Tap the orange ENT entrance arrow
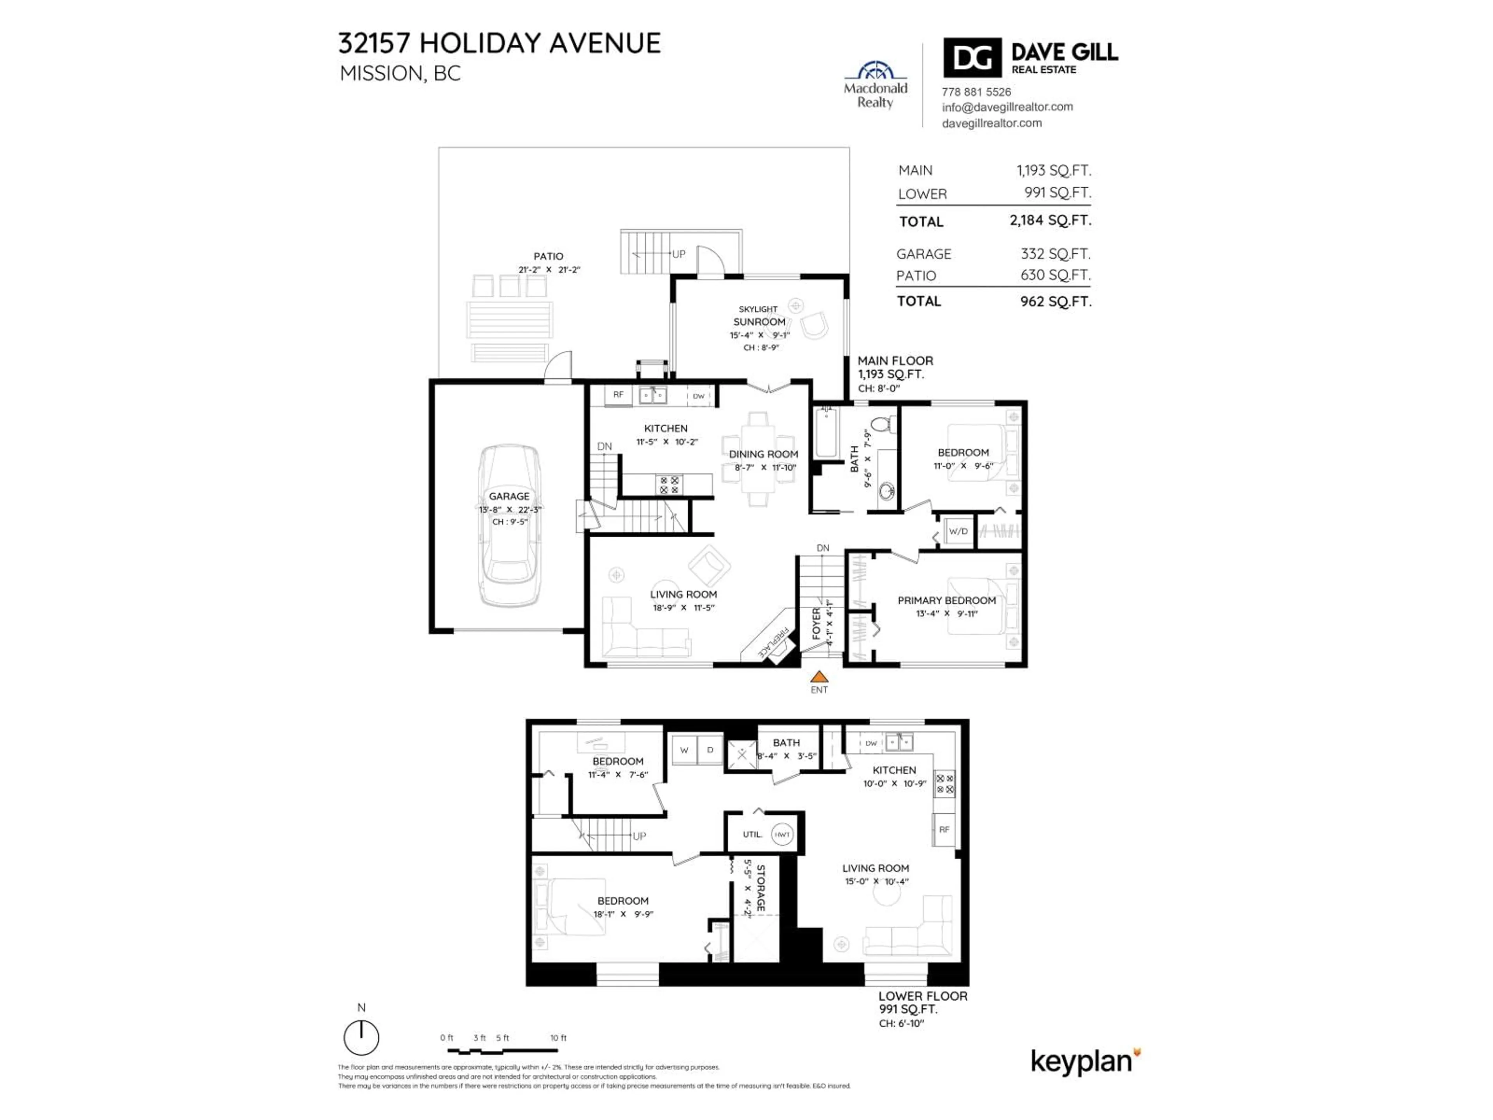[819, 676]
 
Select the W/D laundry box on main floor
[958, 531]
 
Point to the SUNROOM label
[759, 322]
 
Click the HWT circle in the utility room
[781, 835]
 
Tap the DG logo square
[972, 58]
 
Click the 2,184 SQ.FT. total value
[1050, 220]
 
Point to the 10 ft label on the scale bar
[558, 1038]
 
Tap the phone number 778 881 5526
[976, 92]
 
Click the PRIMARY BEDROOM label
[946, 600]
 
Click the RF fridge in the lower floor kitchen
[944, 830]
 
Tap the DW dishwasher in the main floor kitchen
[699, 396]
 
